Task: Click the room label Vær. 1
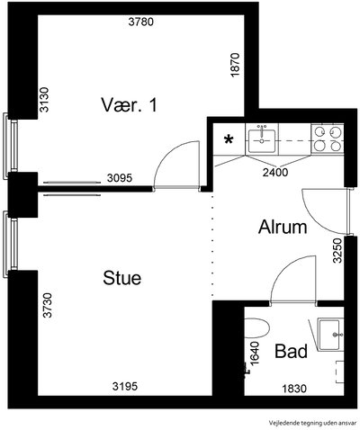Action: (129, 105)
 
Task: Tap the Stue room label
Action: (122, 278)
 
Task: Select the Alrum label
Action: (283, 227)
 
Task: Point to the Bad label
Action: (291, 351)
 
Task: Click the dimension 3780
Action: (141, 22)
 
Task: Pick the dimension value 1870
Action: (236, 65)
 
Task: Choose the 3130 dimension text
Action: (44, 100)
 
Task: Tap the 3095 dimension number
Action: (120, 178)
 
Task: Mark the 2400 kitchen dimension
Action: (275, 173)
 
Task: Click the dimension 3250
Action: (337, 251)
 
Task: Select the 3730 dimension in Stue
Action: (48, 305)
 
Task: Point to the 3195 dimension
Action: (125, 386)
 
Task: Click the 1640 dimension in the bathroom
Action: (254, 354)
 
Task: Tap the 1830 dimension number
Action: (294, 389)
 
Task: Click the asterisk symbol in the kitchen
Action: (229, 139)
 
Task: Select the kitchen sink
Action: (262, 139)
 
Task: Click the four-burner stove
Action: (328, 139)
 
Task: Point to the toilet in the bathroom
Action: (256, 328)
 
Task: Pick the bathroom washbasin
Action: (329, 335)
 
